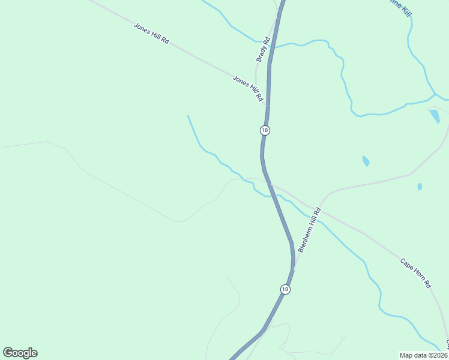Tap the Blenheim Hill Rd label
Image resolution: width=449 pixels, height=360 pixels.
(x=310, y=230)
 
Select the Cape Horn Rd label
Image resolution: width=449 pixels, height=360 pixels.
(x=416, y=273)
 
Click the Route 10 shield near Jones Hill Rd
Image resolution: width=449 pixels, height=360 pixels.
(x=265, y=130)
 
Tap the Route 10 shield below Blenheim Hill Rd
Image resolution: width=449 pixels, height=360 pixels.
(x=285, y=289)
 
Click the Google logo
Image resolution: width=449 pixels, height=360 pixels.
(x=20, y=353)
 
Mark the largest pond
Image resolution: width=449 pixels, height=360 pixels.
(x=435, y=116)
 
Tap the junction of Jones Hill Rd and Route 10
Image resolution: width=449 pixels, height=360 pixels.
(x=267, y=107)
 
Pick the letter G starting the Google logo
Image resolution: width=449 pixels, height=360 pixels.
(x=8, y=353)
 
